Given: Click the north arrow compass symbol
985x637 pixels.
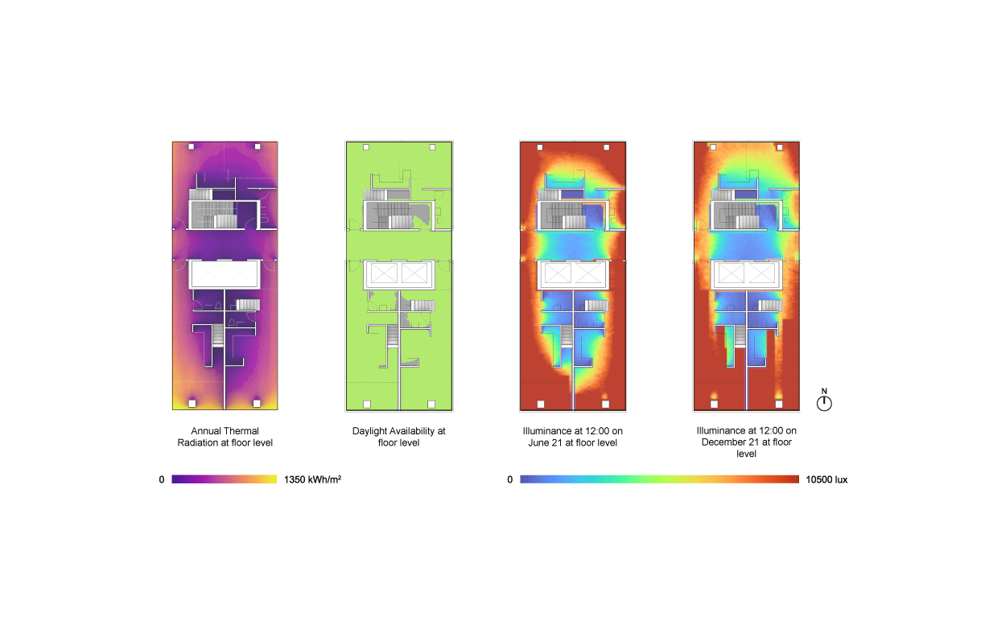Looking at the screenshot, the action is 824,401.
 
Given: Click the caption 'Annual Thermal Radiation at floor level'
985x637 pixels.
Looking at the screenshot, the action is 225,437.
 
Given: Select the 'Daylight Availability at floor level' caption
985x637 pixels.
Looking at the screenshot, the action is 398,437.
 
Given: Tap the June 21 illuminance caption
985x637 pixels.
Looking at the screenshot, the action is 572,437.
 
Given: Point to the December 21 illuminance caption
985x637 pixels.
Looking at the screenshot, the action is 746,442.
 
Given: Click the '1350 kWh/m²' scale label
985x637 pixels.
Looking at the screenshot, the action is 312,479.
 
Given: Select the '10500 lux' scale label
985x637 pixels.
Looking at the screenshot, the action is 826,479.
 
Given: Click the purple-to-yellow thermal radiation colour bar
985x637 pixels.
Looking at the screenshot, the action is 225,479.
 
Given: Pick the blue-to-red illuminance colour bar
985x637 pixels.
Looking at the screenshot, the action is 659,479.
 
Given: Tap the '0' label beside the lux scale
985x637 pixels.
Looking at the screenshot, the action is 509,479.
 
